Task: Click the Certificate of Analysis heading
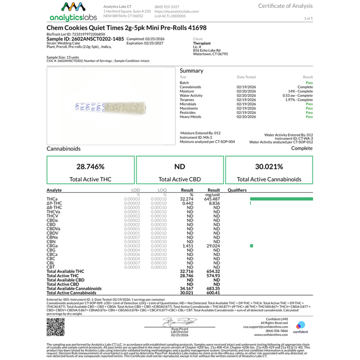coord(285,6)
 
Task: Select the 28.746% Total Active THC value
coord(91,167)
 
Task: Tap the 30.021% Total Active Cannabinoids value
coord(269,167)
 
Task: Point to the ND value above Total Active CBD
coord(179,167)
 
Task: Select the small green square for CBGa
coord(252,246)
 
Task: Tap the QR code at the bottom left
coord(55,326)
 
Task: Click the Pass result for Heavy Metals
coord(309,117)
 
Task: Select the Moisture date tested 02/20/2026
coord(246,91)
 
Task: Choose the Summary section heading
coord(192,70)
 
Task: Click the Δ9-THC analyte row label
coord(54,203)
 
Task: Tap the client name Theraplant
coord(202,43)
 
